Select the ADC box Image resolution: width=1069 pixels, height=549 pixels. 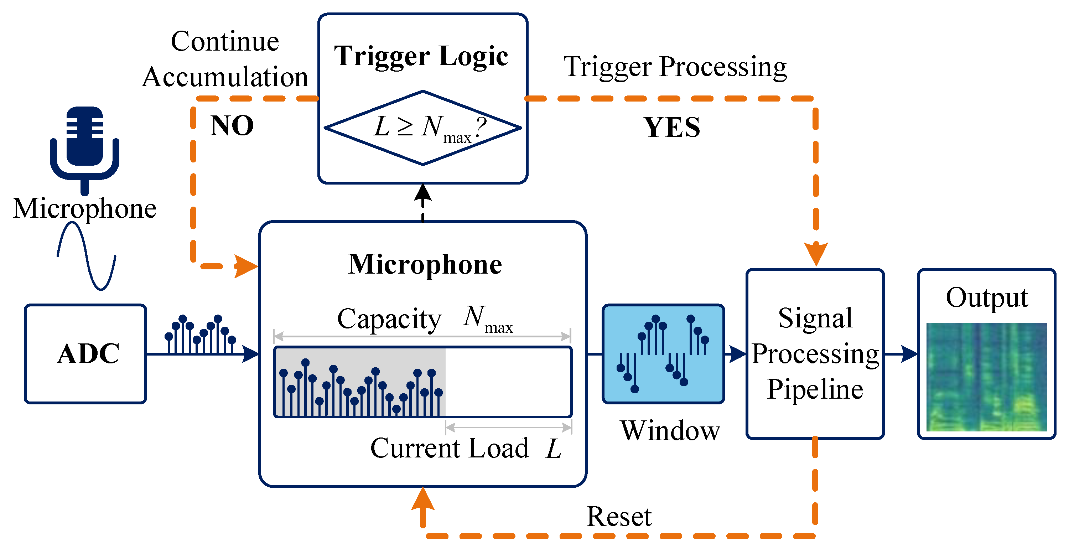[x=85, y=353]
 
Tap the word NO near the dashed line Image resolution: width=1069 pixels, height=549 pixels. [x=232, y=126]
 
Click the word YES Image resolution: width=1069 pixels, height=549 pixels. [x=672, y=128]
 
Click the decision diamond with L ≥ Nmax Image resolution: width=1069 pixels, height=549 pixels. [x=422, y=128]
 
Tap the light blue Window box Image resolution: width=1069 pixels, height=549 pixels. [x=663, y=353]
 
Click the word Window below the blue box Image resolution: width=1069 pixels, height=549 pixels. [x=670, y=431]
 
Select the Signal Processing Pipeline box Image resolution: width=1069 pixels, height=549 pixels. [x=815, y=353]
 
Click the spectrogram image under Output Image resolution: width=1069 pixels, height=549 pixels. [x=986, y=377]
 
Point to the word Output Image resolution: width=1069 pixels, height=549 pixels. [x=987, y=297]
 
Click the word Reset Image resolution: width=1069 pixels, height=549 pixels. [x=619, y=517]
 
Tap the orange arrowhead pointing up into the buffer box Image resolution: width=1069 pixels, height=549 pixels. [x=423, y=499]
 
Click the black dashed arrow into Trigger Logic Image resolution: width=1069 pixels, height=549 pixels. [x=423, y=202]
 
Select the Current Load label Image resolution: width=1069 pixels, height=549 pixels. [x=450, y=448]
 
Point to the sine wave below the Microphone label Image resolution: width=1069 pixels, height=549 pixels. [x=86, y=256]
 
